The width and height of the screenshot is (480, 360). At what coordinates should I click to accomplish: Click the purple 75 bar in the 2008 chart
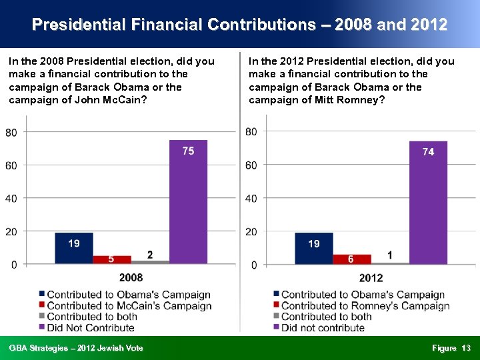[x=188, y=201]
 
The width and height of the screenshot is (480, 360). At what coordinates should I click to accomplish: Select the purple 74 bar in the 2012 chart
[x=428, y=202]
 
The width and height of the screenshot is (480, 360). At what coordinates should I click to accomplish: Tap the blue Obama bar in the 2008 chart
[x=73, y=248]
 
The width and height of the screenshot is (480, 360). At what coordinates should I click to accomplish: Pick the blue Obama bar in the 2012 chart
[x=313, y=248]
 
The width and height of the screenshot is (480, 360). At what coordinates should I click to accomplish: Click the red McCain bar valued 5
[x=111, y=259]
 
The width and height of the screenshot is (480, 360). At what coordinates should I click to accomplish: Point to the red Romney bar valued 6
[x=351, y=259]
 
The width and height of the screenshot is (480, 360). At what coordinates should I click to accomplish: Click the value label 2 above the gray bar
[x=150, y=254]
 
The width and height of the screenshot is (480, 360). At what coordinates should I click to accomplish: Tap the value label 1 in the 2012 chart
[x=389, y=255]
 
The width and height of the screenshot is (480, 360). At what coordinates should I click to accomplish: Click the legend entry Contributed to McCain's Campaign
[x=129, y=306]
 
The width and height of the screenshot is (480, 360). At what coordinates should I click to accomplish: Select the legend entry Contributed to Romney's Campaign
[x=365, y=306]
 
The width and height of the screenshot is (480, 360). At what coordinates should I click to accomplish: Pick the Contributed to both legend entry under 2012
[x=326, y=317]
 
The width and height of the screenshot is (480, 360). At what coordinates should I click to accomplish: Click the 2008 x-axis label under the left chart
[x=131, y=277]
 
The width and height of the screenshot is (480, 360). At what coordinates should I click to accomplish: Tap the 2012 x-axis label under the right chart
[x=370, y=277]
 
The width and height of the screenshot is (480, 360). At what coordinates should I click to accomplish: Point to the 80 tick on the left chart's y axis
[x=11, y=132]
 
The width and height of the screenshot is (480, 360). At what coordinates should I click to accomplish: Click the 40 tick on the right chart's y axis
[x=251, y=198]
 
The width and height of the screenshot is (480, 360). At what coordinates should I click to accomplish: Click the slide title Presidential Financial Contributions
[x=239, y=25]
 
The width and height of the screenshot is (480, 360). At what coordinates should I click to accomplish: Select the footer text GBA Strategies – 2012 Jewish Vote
[x=76, y=348]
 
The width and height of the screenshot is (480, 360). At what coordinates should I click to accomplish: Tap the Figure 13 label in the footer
[x=451, y=348]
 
